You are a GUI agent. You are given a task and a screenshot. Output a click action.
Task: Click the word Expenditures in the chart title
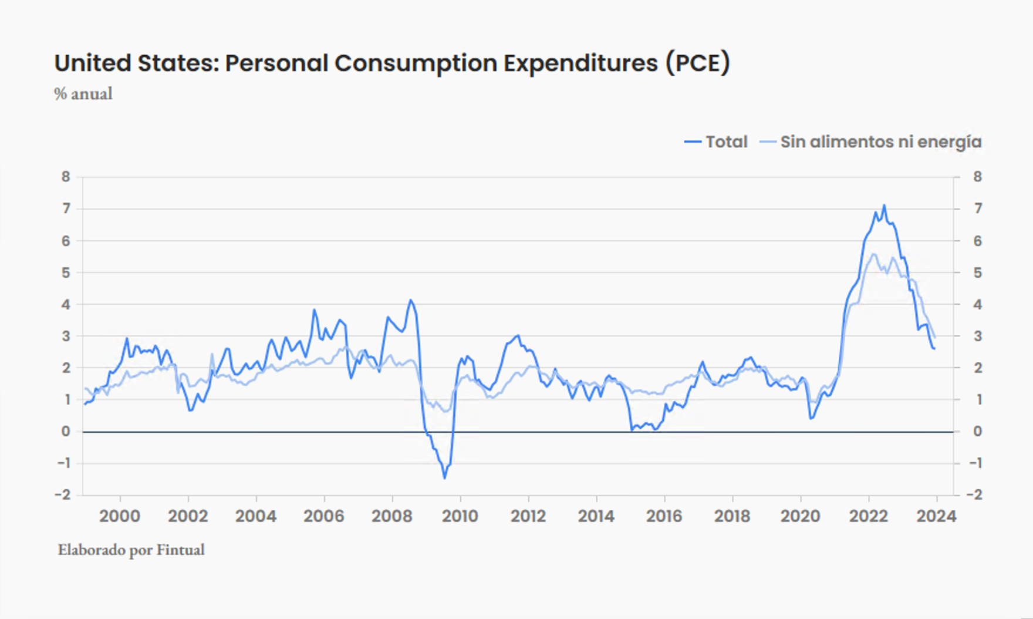(580, 63)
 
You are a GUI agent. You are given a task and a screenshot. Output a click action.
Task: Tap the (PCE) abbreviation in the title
(698, 63)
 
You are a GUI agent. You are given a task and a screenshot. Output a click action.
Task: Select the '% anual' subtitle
(83, 94)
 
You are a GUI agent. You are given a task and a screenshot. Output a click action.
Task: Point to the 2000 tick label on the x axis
(120, 516)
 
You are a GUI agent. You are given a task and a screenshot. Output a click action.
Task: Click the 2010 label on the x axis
(460, 516)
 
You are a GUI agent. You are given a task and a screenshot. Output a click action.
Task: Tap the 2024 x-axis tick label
(936, 516)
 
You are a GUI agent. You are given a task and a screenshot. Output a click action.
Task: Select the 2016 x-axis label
(664, 516)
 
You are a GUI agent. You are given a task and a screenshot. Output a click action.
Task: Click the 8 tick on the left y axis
(66, 177)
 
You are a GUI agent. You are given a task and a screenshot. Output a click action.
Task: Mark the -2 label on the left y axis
(62, 495)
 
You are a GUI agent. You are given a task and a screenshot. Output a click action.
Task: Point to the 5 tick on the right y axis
(977, 273)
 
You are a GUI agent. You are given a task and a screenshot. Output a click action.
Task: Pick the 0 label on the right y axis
(977, 432)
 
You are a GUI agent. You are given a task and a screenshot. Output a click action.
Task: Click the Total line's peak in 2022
(885, 206)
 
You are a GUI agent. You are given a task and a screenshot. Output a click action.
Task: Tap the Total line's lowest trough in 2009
(444, 478)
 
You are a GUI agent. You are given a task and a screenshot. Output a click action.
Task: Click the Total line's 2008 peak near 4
(411, 301)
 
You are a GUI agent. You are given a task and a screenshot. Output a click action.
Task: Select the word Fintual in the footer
(181, 550)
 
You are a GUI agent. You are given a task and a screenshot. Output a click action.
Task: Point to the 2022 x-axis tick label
(868, 516)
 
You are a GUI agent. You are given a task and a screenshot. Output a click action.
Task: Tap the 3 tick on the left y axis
(66, 337)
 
